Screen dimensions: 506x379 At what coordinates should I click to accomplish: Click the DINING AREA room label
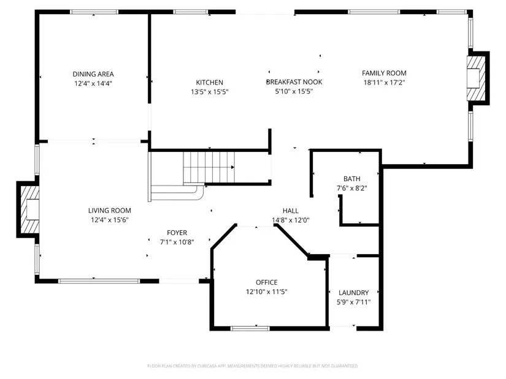[x=93, y=74]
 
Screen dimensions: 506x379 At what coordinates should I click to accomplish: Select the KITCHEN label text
[x=209, y=83]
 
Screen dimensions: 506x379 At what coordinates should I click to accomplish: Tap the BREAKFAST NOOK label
[x=294, y=82]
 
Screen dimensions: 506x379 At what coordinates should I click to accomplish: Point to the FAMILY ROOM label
[x=384, y=73]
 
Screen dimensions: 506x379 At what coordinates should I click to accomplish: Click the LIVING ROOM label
[x=110, y=211]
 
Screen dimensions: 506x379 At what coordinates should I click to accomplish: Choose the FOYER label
[x=177, y=233]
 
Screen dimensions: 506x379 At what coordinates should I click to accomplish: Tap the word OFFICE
[x=267, y=282]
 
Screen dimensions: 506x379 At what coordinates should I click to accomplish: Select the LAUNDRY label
[x=354, y=293]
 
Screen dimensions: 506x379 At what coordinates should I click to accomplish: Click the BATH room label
[x=352, y=179]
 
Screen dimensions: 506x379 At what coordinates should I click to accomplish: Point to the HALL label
[x=291, y=211]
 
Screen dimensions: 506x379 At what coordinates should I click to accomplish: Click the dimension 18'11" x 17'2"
[x=384, y=83]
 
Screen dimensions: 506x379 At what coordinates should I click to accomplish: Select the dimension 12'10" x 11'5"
[x=267, y=292]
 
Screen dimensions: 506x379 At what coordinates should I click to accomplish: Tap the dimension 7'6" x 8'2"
[x=352, y=188]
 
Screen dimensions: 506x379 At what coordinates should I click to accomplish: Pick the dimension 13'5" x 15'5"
[x=209, y=92]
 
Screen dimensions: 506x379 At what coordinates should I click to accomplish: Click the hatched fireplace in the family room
[x=476, y=78]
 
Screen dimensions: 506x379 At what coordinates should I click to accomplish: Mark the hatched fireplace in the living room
[x=30, y=209]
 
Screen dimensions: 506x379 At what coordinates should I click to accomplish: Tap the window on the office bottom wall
[x=250, y=328]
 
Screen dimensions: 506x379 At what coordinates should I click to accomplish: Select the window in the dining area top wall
[x=94, y=12]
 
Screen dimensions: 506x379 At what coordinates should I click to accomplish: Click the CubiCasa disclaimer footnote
[x=253, y=366]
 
